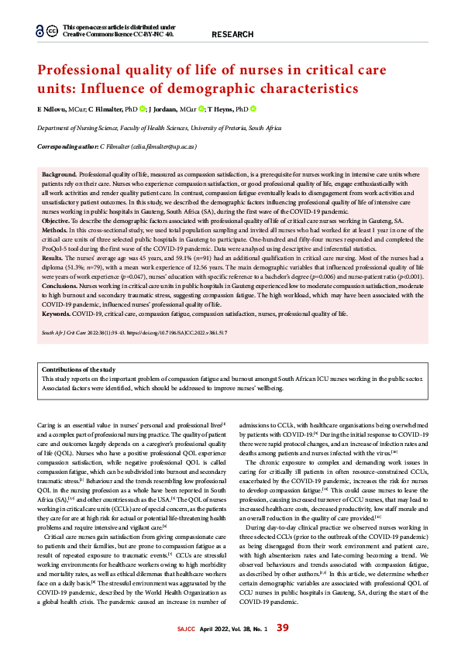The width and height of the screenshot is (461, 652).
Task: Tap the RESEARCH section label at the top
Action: tap(232, 35)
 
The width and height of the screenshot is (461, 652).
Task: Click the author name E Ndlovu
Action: tap(53, 109)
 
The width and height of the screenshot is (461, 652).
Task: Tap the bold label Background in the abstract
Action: tap(59, 177)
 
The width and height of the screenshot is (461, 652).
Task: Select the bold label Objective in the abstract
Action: tap(57, 221)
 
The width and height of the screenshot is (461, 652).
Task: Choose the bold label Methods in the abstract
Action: tap(55, 231)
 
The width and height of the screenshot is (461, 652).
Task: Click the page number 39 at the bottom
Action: tap(283, 627)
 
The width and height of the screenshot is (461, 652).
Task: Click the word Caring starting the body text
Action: tap(47, 424)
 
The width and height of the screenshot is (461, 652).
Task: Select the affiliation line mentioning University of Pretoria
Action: tap(160, 128)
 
